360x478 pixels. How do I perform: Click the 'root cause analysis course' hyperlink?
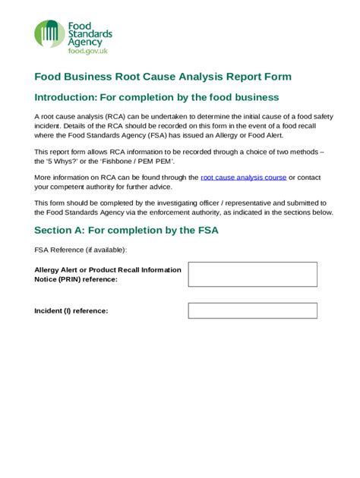coord(243,177)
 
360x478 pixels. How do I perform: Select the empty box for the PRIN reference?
coord(252,274)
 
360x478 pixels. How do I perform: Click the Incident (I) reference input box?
coord(252,310)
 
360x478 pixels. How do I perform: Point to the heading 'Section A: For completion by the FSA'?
coord(126,230)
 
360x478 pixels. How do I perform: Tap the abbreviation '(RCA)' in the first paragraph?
coord(108,116)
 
